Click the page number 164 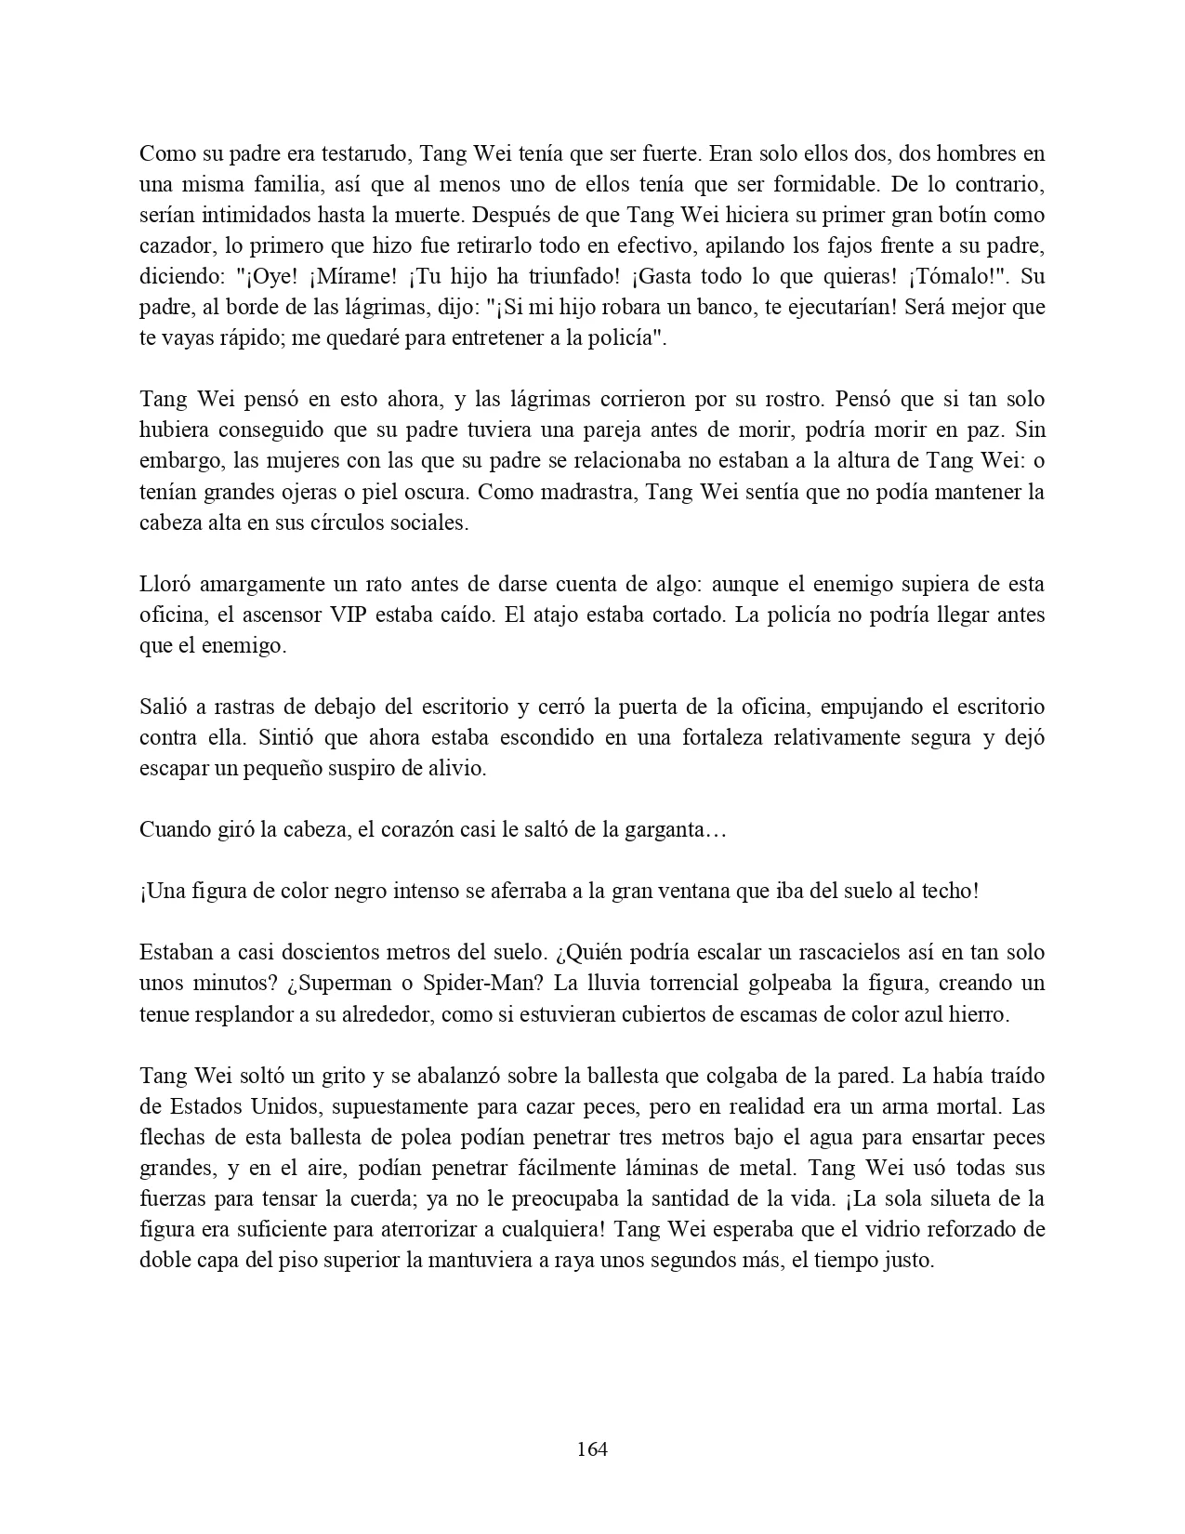tap(592, 1448)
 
